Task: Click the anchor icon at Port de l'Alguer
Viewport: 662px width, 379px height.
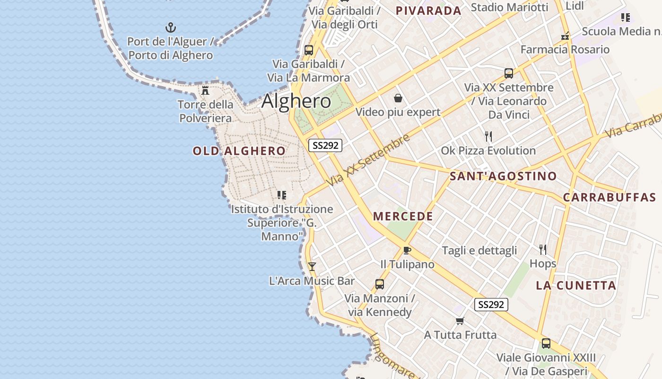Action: [170, 27]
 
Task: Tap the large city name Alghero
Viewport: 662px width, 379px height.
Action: [296, 101]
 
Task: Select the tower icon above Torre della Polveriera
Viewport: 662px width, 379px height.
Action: [205, 90]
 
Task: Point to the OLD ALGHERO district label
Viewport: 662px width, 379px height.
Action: [239, 151]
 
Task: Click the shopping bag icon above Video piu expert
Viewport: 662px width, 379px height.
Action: [398, 98]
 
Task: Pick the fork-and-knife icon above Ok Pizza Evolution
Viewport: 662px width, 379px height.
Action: [488, 136]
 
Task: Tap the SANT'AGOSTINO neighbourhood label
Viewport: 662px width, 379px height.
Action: [503, 176]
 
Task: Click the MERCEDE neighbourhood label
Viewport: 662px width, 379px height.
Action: [403, 217]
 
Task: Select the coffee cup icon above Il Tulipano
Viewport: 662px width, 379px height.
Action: [407, 250]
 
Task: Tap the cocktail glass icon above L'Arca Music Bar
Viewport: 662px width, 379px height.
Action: [312, 267]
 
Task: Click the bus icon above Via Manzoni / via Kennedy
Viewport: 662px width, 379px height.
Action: [379, 284]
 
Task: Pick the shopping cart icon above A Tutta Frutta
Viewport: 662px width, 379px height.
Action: [460, 321]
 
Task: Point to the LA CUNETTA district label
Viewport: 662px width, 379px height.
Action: [576, 286]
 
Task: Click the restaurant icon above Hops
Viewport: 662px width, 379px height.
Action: [543, 249]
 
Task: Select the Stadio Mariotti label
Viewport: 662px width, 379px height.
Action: [509, 7]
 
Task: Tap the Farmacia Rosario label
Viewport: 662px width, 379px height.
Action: [565, 49]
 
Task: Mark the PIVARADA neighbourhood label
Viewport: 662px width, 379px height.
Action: [428, 11]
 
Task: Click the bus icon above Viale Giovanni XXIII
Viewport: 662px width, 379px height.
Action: [546, 343]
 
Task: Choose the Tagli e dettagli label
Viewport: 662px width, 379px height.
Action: [479, 251]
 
